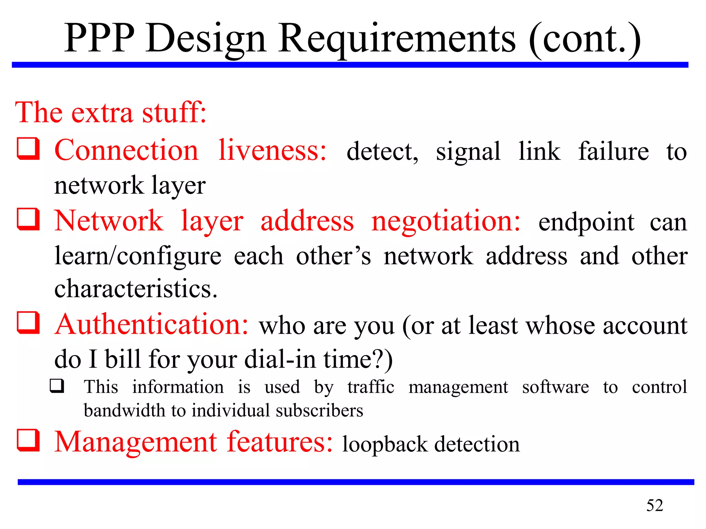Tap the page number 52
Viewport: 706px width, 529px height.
tap(654, 505)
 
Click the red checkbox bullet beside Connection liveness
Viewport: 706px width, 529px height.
tap(28, 148)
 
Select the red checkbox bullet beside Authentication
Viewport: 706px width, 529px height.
tap(28, 323)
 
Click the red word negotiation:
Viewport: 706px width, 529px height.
tap(446, 221)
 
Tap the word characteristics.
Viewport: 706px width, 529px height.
tap(136, 288)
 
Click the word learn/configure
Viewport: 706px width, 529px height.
tap(138, 256)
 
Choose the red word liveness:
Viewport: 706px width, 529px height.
tap(272, 151)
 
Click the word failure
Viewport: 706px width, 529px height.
tap(613, 151)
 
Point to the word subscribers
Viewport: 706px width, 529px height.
tap(319, 411)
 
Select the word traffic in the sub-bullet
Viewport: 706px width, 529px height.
tap(371, 387)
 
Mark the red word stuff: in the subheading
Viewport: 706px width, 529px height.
tap(174, 112)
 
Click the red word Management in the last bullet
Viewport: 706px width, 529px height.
tap(136, 442)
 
